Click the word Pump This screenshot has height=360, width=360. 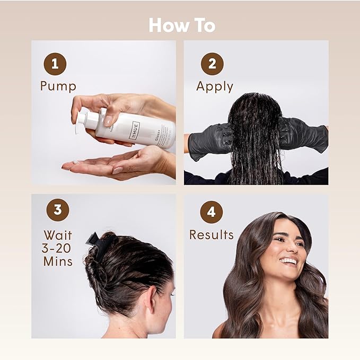click(58, 86)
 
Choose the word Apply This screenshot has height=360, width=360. click(215, 87)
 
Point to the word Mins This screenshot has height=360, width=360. click(58, 261)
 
